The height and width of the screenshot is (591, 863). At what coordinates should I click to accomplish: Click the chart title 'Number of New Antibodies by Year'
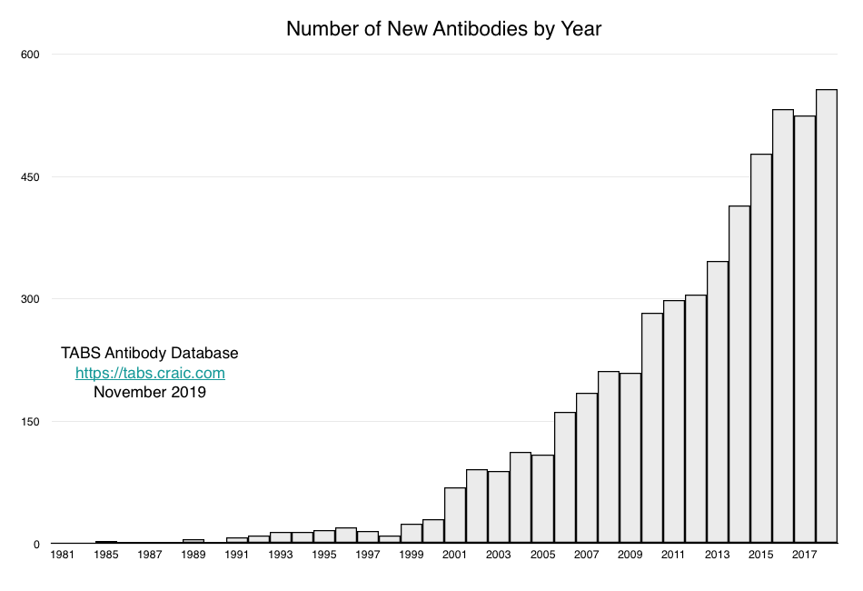coord(443,29)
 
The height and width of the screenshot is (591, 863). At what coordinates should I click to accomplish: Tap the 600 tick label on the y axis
coord(32,55)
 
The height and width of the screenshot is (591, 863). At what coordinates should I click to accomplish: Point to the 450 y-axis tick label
coord(32,177)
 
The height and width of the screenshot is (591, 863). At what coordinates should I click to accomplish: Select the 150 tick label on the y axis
coord(32,422)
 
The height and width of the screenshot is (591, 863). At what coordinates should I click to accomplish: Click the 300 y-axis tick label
coord(32,299)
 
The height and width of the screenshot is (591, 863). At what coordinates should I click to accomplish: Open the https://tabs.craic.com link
coord(150,373)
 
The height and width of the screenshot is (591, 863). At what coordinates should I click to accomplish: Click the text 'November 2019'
coord(150,393)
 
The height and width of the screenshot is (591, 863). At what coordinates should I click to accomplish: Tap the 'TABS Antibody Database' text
coord(150,353)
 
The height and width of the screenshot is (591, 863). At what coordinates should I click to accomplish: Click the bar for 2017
coord(805,329)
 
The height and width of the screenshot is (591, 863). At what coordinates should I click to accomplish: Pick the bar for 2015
coord(761,349)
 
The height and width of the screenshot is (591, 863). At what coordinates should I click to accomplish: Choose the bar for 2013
coord(718,403)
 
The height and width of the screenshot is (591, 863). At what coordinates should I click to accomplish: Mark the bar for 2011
coord(674,422)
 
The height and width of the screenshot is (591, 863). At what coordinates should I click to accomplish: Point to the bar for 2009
coord(630,458)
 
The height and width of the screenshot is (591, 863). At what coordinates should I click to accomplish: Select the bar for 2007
coord(587,468)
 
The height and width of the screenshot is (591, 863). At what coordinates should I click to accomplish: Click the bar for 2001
coord(455,516)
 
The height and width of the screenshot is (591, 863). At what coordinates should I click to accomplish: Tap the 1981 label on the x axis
coord(63,554)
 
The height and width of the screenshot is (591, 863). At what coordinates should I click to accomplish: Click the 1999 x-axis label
coord(412,554)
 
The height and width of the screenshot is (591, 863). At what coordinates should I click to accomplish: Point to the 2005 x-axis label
coord(542,554)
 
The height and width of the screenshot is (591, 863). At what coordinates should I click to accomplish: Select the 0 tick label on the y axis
coord(37,544)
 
